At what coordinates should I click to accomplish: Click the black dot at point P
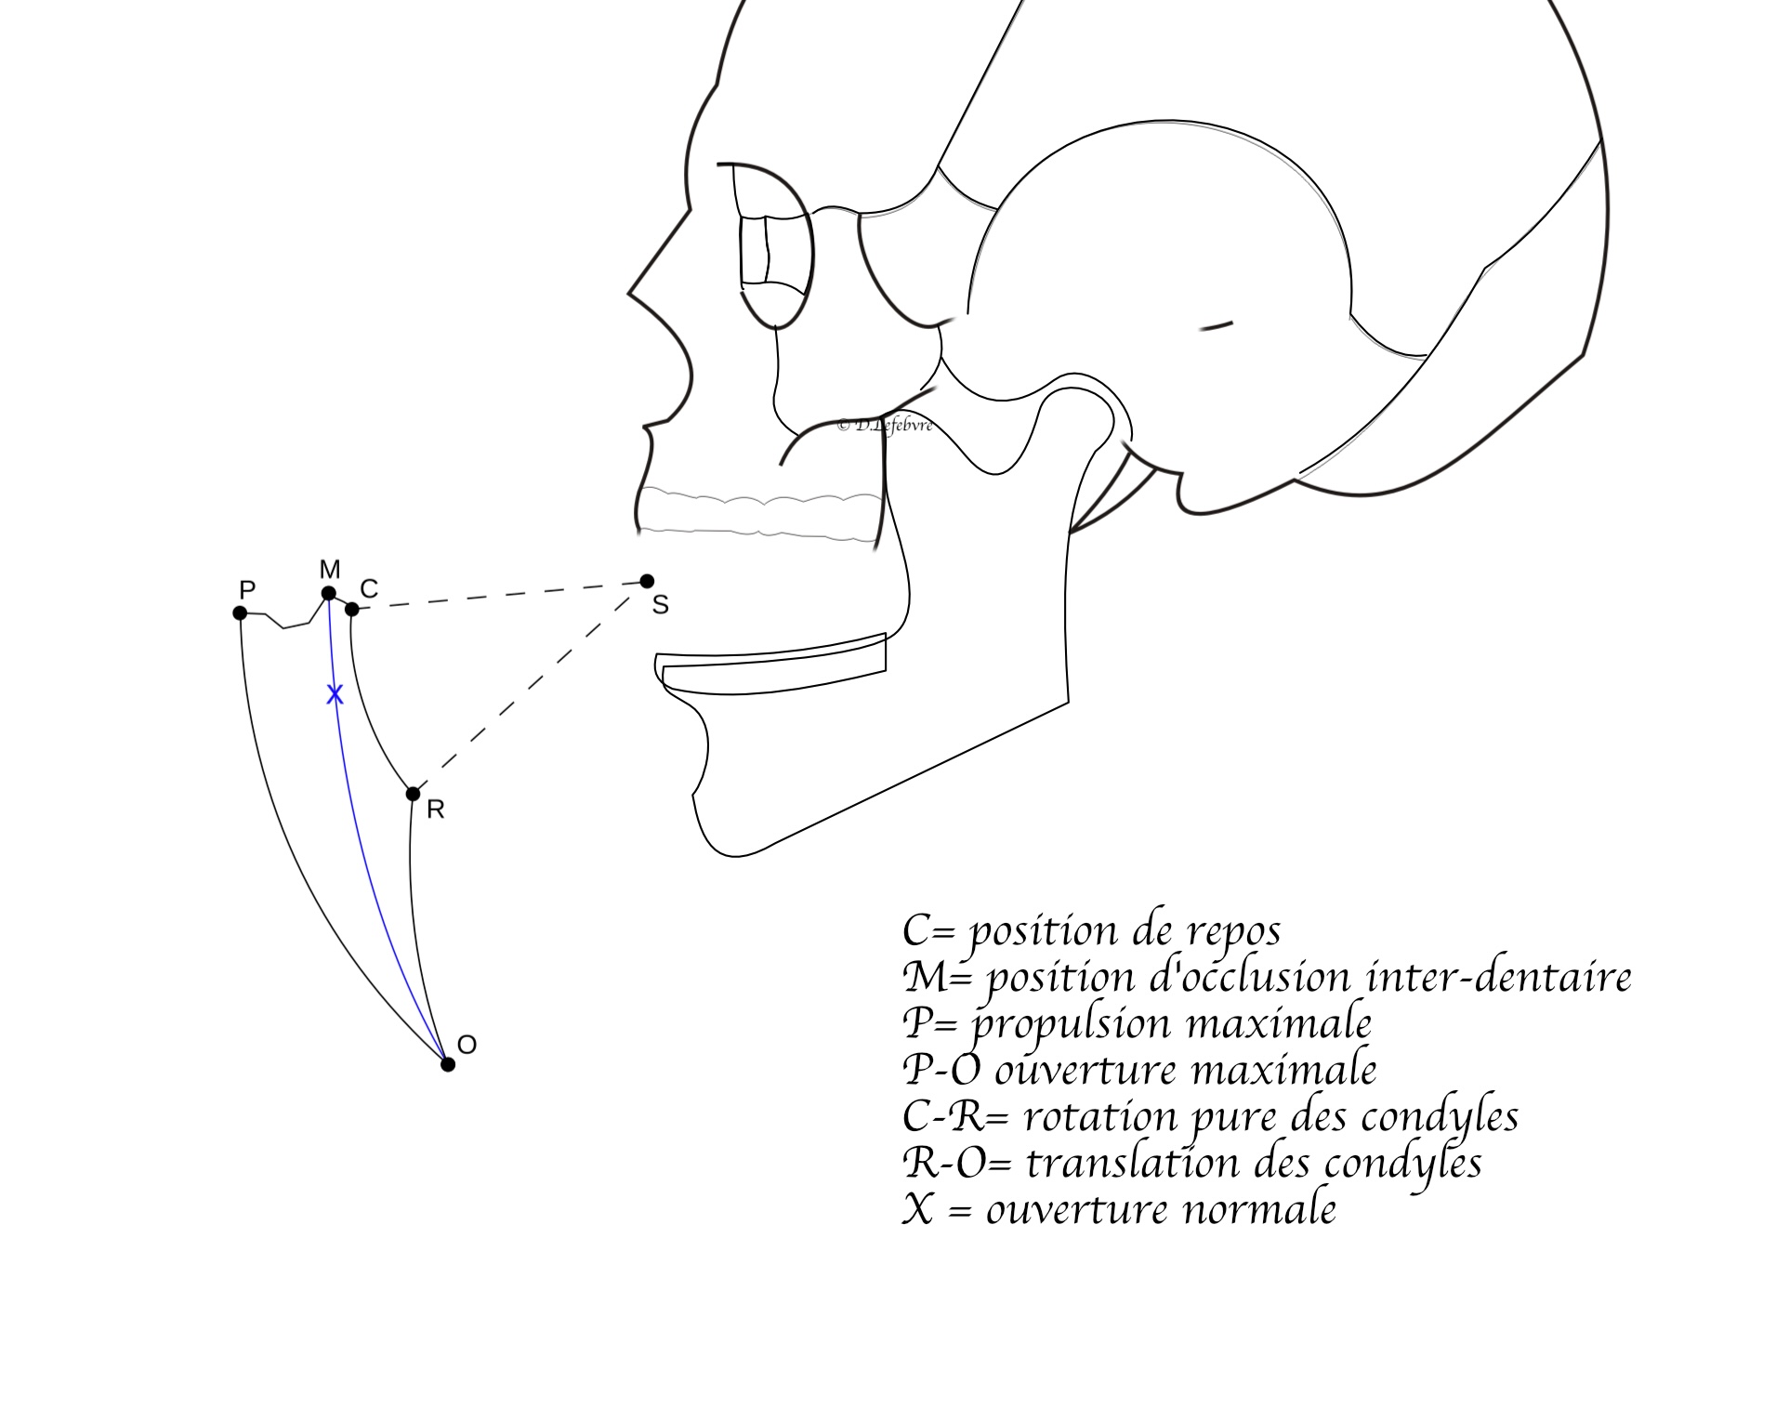pos(240,612)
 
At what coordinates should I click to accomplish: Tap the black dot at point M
pos(328,593)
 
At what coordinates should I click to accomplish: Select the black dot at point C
pos(351,609)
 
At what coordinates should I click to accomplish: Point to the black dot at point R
pos(413,794)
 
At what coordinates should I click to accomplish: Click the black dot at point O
pos(447,1064)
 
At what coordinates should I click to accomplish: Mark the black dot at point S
pos(647,582)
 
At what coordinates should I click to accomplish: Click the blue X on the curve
pos(335,694)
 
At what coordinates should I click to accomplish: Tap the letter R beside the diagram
pos(435,810)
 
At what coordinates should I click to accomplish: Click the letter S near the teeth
pos(661,606)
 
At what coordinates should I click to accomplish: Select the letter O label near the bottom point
pos(467,1045)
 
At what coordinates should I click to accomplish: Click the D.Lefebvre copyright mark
pos(884,426)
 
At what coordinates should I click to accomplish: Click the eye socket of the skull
pos(774,245)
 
